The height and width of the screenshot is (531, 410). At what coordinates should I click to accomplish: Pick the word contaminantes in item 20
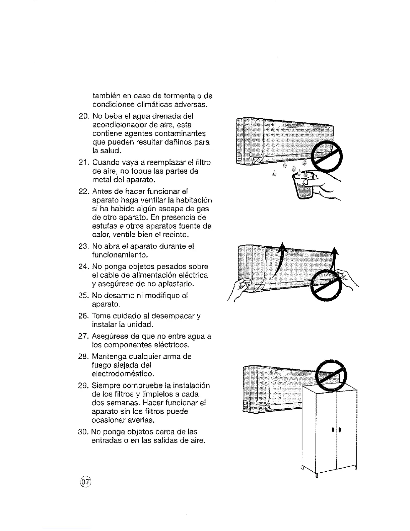[x=181, y=133]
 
